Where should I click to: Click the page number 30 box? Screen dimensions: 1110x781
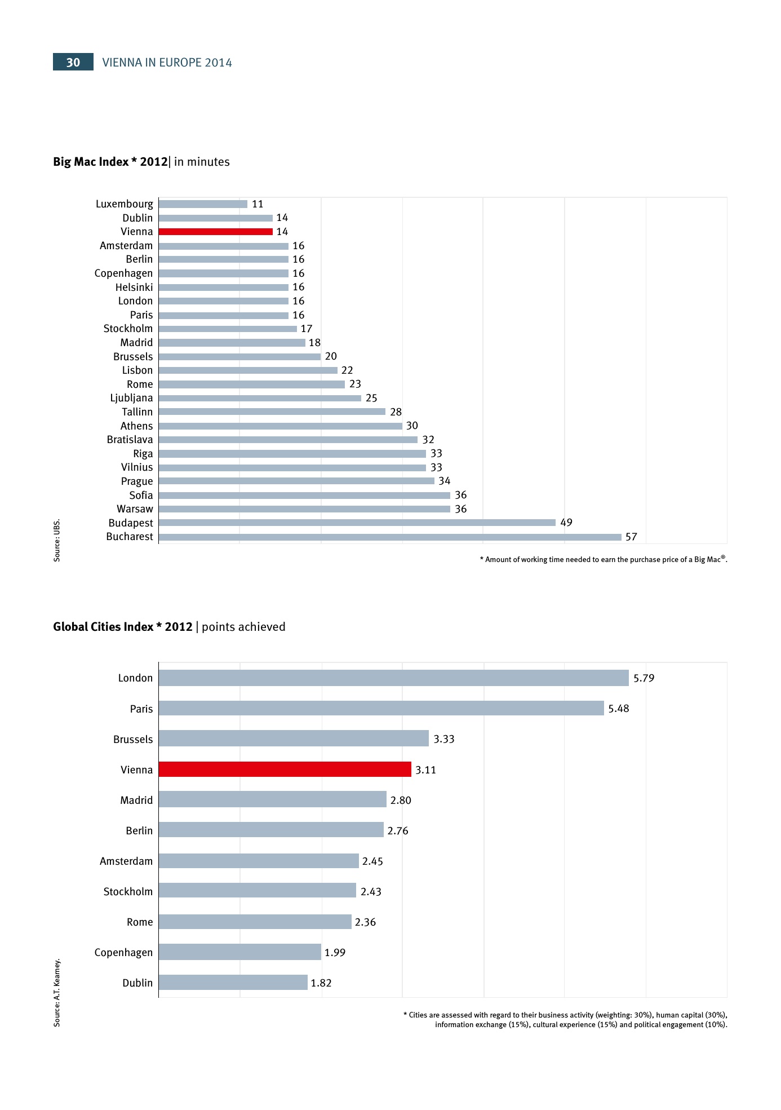[x=73, y=62]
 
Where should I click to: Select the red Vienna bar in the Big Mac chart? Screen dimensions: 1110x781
[x=215, y=232]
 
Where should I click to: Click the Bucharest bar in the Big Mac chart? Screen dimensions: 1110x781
[x=389, y=537]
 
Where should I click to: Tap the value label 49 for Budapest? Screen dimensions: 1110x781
[x=566, y=523]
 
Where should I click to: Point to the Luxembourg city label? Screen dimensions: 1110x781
[x=124, y=204]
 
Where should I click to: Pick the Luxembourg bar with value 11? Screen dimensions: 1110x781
[x=203, y=204]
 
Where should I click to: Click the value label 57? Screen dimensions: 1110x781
[x=631, y=537]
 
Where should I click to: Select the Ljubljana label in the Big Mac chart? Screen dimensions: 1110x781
[x=131, y=398]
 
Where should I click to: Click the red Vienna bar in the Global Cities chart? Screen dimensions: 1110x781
[x=285, y=770]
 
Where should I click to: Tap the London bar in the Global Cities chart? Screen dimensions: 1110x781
[x=393, y=678]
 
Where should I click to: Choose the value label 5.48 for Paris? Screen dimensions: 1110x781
[x=619, y=709]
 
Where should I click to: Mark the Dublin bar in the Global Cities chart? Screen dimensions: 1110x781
[x=233, y=983]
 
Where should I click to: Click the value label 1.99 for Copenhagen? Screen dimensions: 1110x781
[x=335, y=953]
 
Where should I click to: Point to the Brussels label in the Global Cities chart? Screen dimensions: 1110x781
[x=133, y=740]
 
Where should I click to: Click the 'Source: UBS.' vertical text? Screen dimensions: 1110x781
[x=57, y=540]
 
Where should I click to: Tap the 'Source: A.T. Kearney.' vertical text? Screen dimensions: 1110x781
[x=57, y=993]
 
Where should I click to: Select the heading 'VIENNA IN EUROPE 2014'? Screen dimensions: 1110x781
[x=167, y=63]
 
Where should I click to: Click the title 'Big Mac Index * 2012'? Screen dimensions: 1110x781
[x=110, y=162]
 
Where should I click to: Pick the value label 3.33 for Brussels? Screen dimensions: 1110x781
[x=444, y=739]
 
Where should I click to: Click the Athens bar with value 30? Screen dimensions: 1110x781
[x=280, y=426]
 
